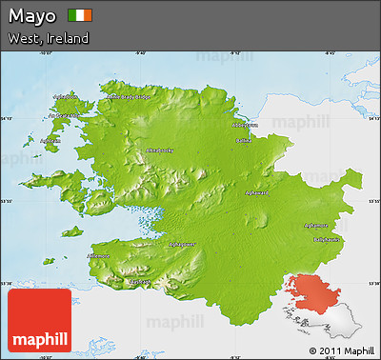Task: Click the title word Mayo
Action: [x=31, y=16]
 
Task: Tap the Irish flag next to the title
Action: [x=81, y=16]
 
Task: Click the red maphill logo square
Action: [x=39, y=322]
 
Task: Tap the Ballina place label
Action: [x=244, y=141]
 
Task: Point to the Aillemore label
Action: [x=99, y=255]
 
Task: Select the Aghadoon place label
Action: [x=66, y=96]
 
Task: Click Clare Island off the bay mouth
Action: [x=72, y=230]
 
